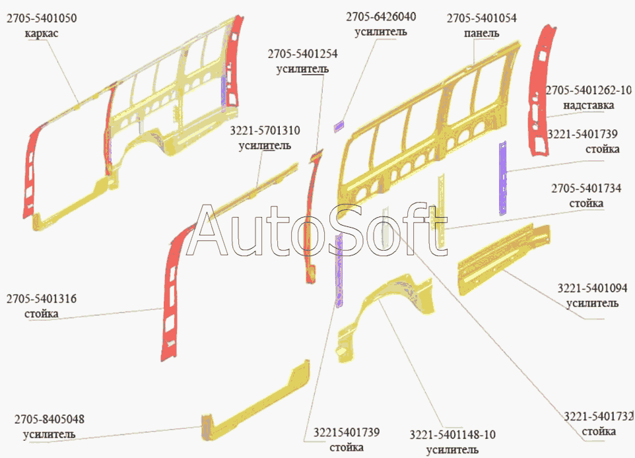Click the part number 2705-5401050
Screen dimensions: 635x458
click(41, 19)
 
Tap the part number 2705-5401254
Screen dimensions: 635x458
click(302, 53)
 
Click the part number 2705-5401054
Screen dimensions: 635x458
click(481, 18)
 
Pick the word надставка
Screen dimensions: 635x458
click(588, 105)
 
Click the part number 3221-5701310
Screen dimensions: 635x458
click(264, 131)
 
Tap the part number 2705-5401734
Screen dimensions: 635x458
click(586, 189)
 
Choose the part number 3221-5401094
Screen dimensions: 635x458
click(592, 288)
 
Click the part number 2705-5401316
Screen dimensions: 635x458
click(41, 299)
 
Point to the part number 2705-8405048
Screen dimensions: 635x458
click(50, 420)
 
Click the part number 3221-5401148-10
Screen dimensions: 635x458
click(452, 435)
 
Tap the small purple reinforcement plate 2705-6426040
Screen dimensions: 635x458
click(339, 125)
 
